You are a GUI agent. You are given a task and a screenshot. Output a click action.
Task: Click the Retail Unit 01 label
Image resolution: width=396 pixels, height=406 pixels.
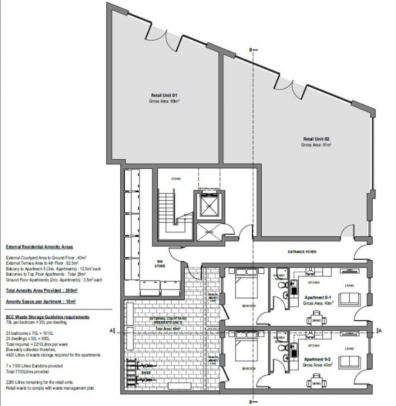(x=164, y=95)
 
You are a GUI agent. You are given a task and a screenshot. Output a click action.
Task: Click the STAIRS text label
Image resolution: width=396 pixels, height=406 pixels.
(x=176, y=179)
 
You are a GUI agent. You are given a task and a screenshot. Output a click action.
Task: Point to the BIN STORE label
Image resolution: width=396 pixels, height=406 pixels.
(x=160, y=264)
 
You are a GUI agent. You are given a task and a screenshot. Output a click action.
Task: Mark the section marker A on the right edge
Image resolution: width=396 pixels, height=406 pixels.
(x=381, y=330)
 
